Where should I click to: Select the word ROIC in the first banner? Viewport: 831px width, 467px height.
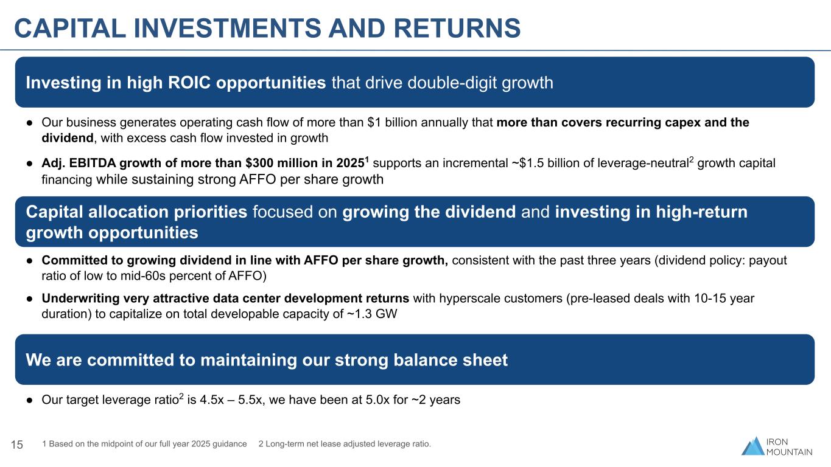tap(189, 83)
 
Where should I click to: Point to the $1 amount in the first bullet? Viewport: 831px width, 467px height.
tap(374, 122)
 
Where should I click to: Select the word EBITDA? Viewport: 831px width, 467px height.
tap(93, 163)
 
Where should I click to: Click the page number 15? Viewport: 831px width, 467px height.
tap(17, 445)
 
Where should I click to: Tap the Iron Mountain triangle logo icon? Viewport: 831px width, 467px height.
tap(753, 446)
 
